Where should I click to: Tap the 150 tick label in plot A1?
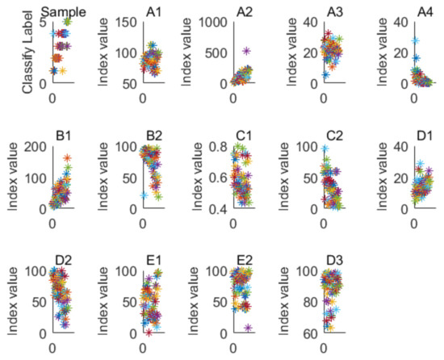pos(124,23)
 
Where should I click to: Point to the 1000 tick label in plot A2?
pos(208,23)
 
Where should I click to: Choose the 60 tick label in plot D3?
pos(302,333)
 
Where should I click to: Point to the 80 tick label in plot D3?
pos(302,301)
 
